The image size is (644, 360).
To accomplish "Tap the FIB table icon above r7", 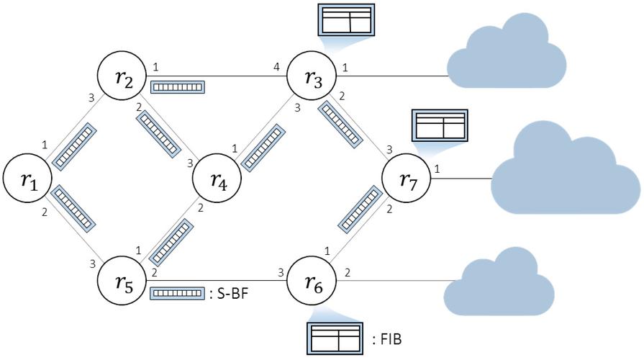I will click(x=439, y=125).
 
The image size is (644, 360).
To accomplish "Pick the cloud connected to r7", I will click(x=563, y=173).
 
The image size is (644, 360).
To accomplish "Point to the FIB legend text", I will click(x=392, y=336).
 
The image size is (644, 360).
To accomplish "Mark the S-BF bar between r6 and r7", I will click(x=359, y=208).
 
